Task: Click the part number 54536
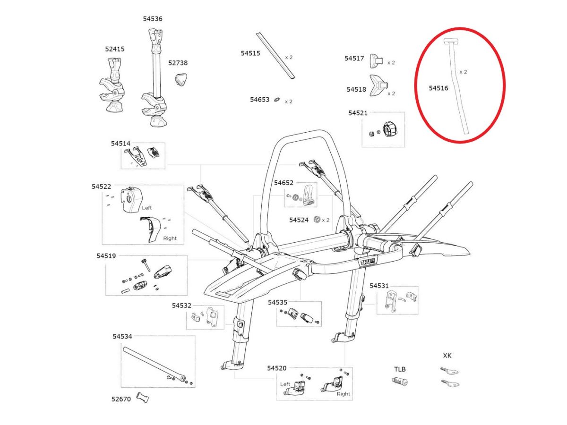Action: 153,19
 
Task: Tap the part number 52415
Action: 115,49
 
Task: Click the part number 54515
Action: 250,53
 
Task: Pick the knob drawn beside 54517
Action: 376,60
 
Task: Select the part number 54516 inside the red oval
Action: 438,88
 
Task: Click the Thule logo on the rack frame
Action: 367,261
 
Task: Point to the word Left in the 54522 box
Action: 147,207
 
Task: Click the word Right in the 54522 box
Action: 170,238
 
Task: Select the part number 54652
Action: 283,183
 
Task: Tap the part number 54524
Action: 299,220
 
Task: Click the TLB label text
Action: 400,369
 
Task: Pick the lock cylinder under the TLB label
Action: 400,381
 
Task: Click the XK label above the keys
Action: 447,356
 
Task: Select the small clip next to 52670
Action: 142,398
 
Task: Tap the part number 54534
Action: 122,336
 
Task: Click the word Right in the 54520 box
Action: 344,394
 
